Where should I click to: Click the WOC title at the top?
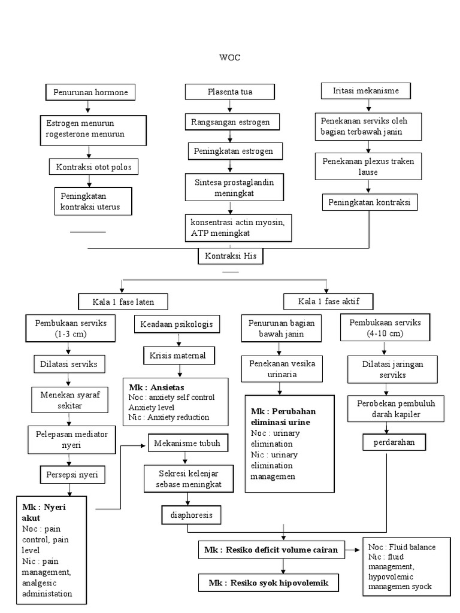(231, 58)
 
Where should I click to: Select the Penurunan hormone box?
(90, 92)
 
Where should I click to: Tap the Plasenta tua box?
(230, 92)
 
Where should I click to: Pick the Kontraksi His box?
(231, 256)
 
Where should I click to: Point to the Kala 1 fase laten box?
(122, 301)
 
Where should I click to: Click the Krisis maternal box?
(178, 356)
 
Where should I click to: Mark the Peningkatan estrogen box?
(233, 151)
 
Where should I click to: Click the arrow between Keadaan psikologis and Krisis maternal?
(177, 340)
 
